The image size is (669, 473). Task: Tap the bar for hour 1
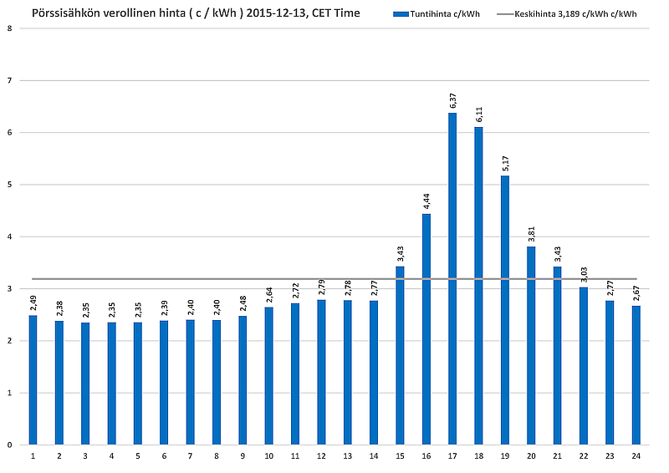[x=33, y=379]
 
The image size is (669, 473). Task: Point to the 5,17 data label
[x=505, y=163]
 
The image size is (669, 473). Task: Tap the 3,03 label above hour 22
[x=584, y=274]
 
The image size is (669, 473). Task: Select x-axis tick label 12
[x=321, y=455]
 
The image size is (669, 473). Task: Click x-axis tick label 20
[x=531, y=455]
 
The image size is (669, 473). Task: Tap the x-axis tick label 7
[x=190, y=455]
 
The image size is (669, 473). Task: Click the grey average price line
[x=209, y=279]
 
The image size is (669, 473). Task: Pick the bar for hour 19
[x=505, y=310]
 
